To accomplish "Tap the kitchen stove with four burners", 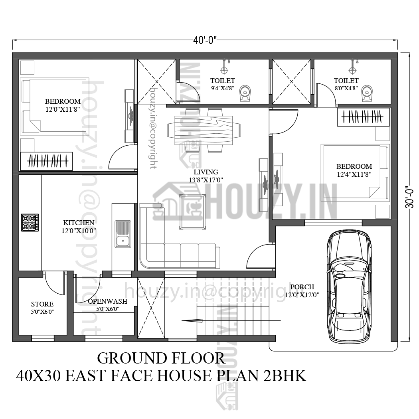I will coord(30,223).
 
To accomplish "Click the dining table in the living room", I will coord(204,130).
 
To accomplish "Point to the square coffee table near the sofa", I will coord(192,211).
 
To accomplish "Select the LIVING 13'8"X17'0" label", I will coord(206,176).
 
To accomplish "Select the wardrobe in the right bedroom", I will coord(364,117).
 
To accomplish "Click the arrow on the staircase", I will coord(192,320).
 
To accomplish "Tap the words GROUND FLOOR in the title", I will coord(161,358).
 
